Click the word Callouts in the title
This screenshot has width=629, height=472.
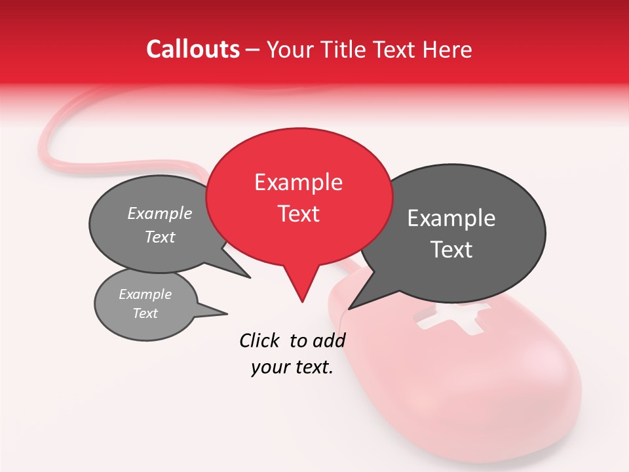(x=193, y=49)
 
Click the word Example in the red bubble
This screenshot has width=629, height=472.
(x=298, y=182)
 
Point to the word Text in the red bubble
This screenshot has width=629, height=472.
(x=299, y=214)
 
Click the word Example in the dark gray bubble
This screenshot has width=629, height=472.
(x=451, y=218)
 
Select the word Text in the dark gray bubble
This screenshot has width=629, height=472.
(x=451, y=250)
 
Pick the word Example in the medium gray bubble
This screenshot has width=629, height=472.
(x=160, y=213)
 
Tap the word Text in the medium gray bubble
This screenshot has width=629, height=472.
(x=160, y=237)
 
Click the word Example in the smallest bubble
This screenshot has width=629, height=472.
(x=145, y=294)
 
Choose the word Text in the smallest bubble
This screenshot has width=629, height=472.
(x=145, y=313)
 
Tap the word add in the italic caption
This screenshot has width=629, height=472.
(x=329, y=340)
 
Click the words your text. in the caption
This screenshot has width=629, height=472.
(x=292, y=368)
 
